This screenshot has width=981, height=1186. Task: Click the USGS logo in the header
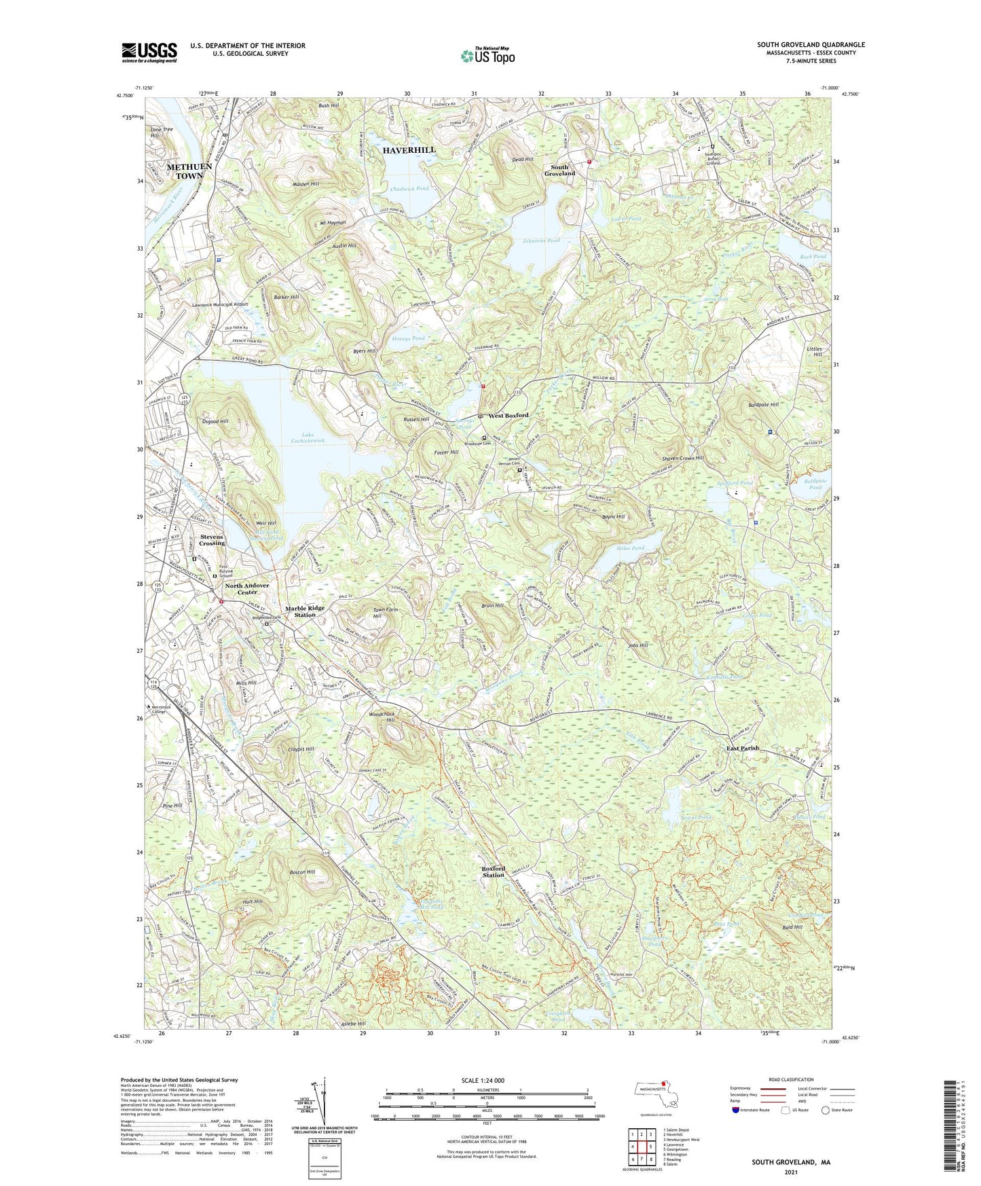click(149, 52)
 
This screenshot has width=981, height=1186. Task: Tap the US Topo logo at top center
click(487, 56)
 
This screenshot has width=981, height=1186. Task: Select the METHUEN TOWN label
click(189, 171)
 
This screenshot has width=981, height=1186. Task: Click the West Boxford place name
click(508, 415)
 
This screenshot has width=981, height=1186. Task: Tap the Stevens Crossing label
click(202, 540)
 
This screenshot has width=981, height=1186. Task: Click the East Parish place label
click(743, 748)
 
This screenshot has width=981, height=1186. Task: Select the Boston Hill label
click(302, 871)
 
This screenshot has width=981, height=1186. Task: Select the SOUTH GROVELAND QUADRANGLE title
click(811, 45)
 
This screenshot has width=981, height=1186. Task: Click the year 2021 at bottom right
click(790, 1172)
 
